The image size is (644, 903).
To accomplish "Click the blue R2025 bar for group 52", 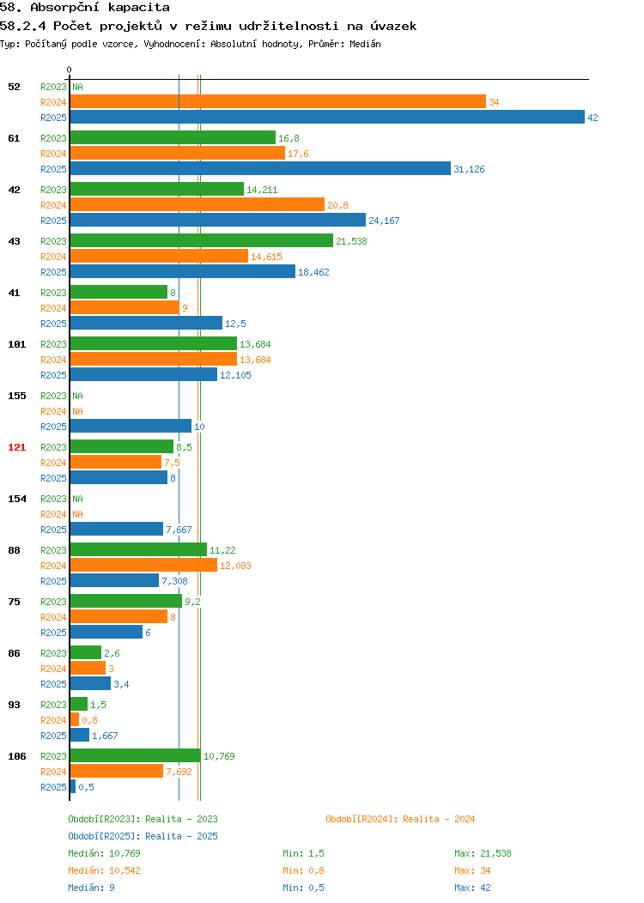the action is coord(327,117).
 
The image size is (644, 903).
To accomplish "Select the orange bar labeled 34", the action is coord(278,101).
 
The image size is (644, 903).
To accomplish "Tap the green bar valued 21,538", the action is coord(202,240).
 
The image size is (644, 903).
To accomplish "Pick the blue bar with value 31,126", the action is coord(260,168).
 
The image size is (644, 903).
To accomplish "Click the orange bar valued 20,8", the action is coord(197,204).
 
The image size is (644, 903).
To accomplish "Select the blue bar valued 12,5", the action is coord(146,323).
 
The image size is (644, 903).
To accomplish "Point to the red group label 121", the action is coord(16,447).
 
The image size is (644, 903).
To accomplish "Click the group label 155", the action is coord(16,397).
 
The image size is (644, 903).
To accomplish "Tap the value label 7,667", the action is coord(179,530).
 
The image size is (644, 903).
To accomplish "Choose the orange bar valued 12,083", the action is coord(144,565).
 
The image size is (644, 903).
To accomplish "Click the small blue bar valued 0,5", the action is coord(73,786).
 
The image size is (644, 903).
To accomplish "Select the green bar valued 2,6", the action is coord(86,651).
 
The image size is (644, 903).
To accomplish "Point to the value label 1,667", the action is coord(105,736).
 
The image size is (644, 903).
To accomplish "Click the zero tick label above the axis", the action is coord(70,70).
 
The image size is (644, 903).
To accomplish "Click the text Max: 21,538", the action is coord(483,853).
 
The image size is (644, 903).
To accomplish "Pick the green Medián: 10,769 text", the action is coord(104,853).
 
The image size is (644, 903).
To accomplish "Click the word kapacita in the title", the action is coord(139,8).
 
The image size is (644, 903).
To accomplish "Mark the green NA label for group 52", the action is coord(78,87).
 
